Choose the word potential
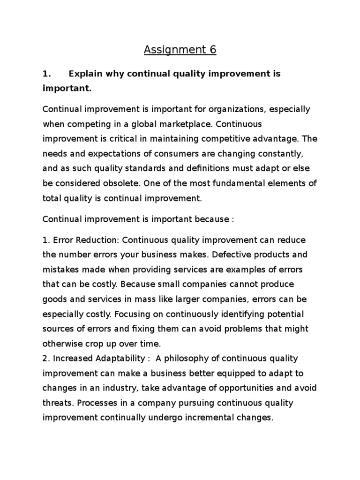(x=284, y=314)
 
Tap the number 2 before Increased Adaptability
(x=45, y=358)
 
